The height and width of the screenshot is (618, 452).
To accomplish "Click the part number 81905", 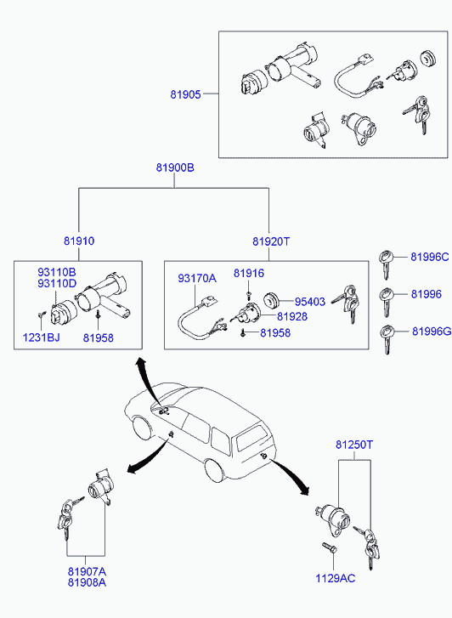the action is tap(185, 94).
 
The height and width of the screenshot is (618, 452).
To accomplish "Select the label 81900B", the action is tap(175, 167).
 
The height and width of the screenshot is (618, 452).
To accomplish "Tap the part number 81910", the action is tap(79, 241).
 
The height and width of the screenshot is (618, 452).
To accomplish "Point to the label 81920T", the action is tap(271, 241).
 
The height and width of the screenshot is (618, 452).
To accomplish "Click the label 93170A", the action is tap(197, 278).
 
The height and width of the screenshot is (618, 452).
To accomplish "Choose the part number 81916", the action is tap(249, 273).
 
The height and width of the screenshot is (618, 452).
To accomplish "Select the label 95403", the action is tap(310, 302).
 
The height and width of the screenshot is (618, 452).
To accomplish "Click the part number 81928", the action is tap(292, 316).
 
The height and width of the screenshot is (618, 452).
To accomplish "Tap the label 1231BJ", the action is tap(41, 337).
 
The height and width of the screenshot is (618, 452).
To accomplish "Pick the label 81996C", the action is tap(430, 257).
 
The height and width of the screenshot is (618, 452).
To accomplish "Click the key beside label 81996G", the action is tap(387, 339).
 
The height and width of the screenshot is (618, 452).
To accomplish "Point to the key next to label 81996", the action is tap(387, 302).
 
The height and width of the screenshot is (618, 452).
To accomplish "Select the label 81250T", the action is tap(354, 445).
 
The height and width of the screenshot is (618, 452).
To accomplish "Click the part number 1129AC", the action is tap(335, 578).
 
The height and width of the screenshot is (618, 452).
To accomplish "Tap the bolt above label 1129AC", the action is tap(329, 547).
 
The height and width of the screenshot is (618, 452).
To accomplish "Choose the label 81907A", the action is tap(87, 571).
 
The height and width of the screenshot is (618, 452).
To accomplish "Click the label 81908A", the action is tap(87, 582).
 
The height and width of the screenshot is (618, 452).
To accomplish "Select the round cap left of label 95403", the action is tap(271, 302).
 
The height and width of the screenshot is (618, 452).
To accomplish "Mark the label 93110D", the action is tap(57, 283).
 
